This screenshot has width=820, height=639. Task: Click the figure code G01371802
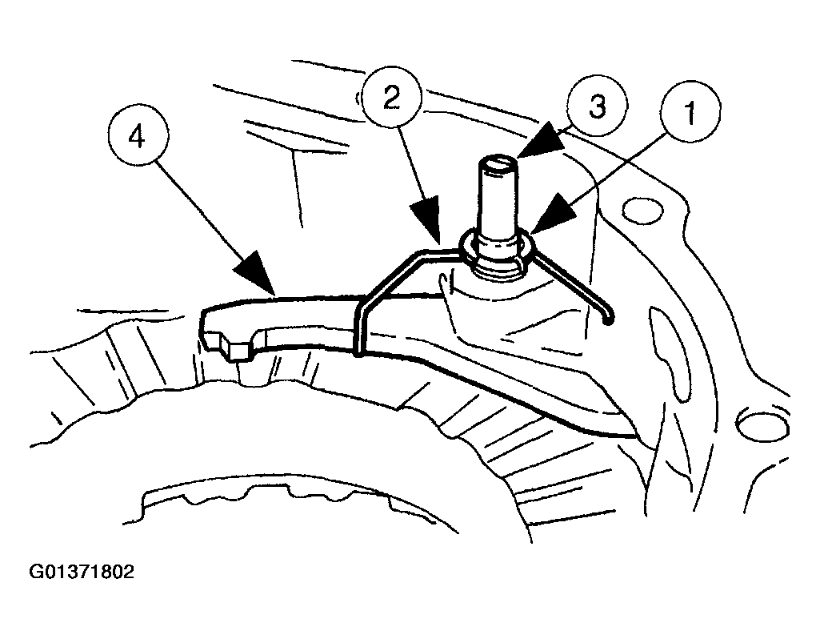pos(70,573)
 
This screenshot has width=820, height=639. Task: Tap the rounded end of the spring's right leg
pos(608,319)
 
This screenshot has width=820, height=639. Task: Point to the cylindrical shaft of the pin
pos(498,200)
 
